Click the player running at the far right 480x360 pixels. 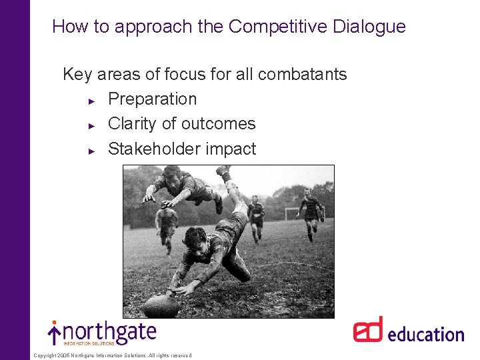click(x=310, y=212)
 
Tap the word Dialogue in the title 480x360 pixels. click(x=371, y=27)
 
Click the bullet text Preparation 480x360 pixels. click(x=152, y=99)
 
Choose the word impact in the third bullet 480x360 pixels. click(x=230, y=149)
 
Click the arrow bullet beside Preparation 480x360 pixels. click(x=93, y=100)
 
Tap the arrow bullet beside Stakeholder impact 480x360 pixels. click(x=93, y=150)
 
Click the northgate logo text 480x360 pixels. click(x=110, y=332)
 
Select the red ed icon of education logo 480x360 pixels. click(x=368, y=330)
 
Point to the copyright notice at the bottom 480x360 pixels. click(x=112, y=355)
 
